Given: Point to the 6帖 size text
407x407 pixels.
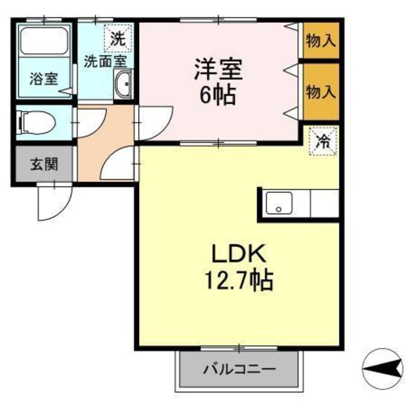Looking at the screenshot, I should pyautogui.click(x=218, y=96).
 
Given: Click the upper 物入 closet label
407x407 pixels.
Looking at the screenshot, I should pyautogui.click(x=320, y=41).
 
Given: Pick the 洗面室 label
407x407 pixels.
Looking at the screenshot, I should pyautogui.click(x=105, y=62).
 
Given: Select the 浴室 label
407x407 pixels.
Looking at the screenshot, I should pyautogui.click(x=43, y=79).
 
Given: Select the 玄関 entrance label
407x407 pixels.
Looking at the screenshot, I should pyautogui.click(x=44, y=165).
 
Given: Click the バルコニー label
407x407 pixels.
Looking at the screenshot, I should pyautogui.click(x=240, y=370).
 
